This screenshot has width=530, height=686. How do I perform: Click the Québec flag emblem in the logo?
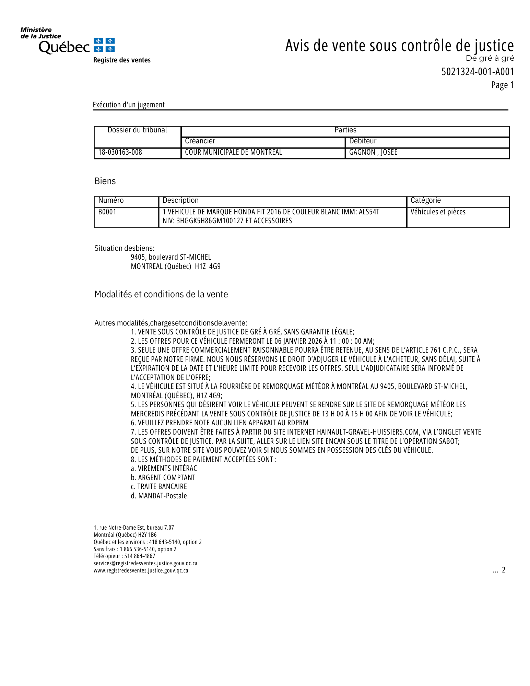104,45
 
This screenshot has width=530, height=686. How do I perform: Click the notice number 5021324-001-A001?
478,72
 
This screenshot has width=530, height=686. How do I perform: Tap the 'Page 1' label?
503,85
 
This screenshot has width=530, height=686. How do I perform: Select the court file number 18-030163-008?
120,152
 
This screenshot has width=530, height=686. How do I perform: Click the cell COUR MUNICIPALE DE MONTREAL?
233,152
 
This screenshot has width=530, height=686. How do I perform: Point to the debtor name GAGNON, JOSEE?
373,152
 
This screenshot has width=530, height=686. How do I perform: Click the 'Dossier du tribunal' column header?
137,130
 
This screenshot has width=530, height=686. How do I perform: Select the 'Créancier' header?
200,141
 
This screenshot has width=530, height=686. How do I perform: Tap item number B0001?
107,212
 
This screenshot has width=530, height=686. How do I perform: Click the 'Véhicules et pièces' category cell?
438,212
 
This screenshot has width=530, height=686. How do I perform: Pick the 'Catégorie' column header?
426,200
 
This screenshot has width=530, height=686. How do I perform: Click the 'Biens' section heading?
105,181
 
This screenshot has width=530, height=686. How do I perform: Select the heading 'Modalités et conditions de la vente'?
161,294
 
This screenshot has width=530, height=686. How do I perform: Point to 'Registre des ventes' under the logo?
122,60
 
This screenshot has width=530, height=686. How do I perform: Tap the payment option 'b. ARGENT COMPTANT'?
163,478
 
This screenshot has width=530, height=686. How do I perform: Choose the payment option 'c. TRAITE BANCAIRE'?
159,487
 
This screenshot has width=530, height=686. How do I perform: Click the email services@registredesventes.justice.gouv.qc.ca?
145,563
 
